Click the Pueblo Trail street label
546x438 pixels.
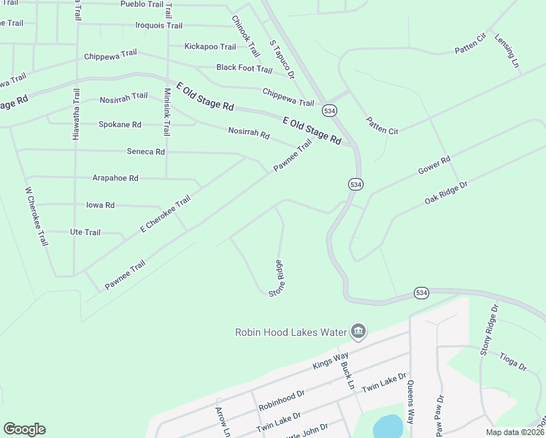pyautogui.click(x=142, y=4)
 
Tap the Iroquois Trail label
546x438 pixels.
pyautogui.click(x=159, y=26)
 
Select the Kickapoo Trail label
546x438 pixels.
pyautogui.click(x=210, y=47)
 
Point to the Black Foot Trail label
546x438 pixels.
pyautogui.click(x=244, y=69)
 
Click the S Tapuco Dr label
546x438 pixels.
pyautogui.click(x=281, y=59)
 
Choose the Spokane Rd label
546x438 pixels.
pyautogui.click(x=120, y=125)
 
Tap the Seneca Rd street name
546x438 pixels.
pyautogui.click(x=146, y=152)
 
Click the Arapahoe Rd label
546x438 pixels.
pyautogui.click(x=115, y=178)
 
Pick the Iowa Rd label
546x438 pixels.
pyautogui.click(x=100, y=205)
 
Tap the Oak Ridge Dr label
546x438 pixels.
pyautogui.click(x=445, y=192)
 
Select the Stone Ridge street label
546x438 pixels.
pyautogui.click(x=276, y=278)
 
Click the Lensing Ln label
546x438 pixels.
pyautogui.click(x=506, y=51)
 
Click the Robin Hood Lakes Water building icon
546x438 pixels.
pyautogui.click(x=358, y=332)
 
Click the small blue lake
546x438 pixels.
pyautogui.click(x=388, y=426)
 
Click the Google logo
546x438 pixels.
pyautogui.click(x=24, y=429)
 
